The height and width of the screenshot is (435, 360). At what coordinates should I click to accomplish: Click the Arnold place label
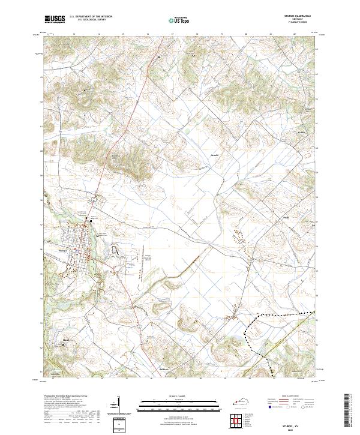[206, 154]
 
